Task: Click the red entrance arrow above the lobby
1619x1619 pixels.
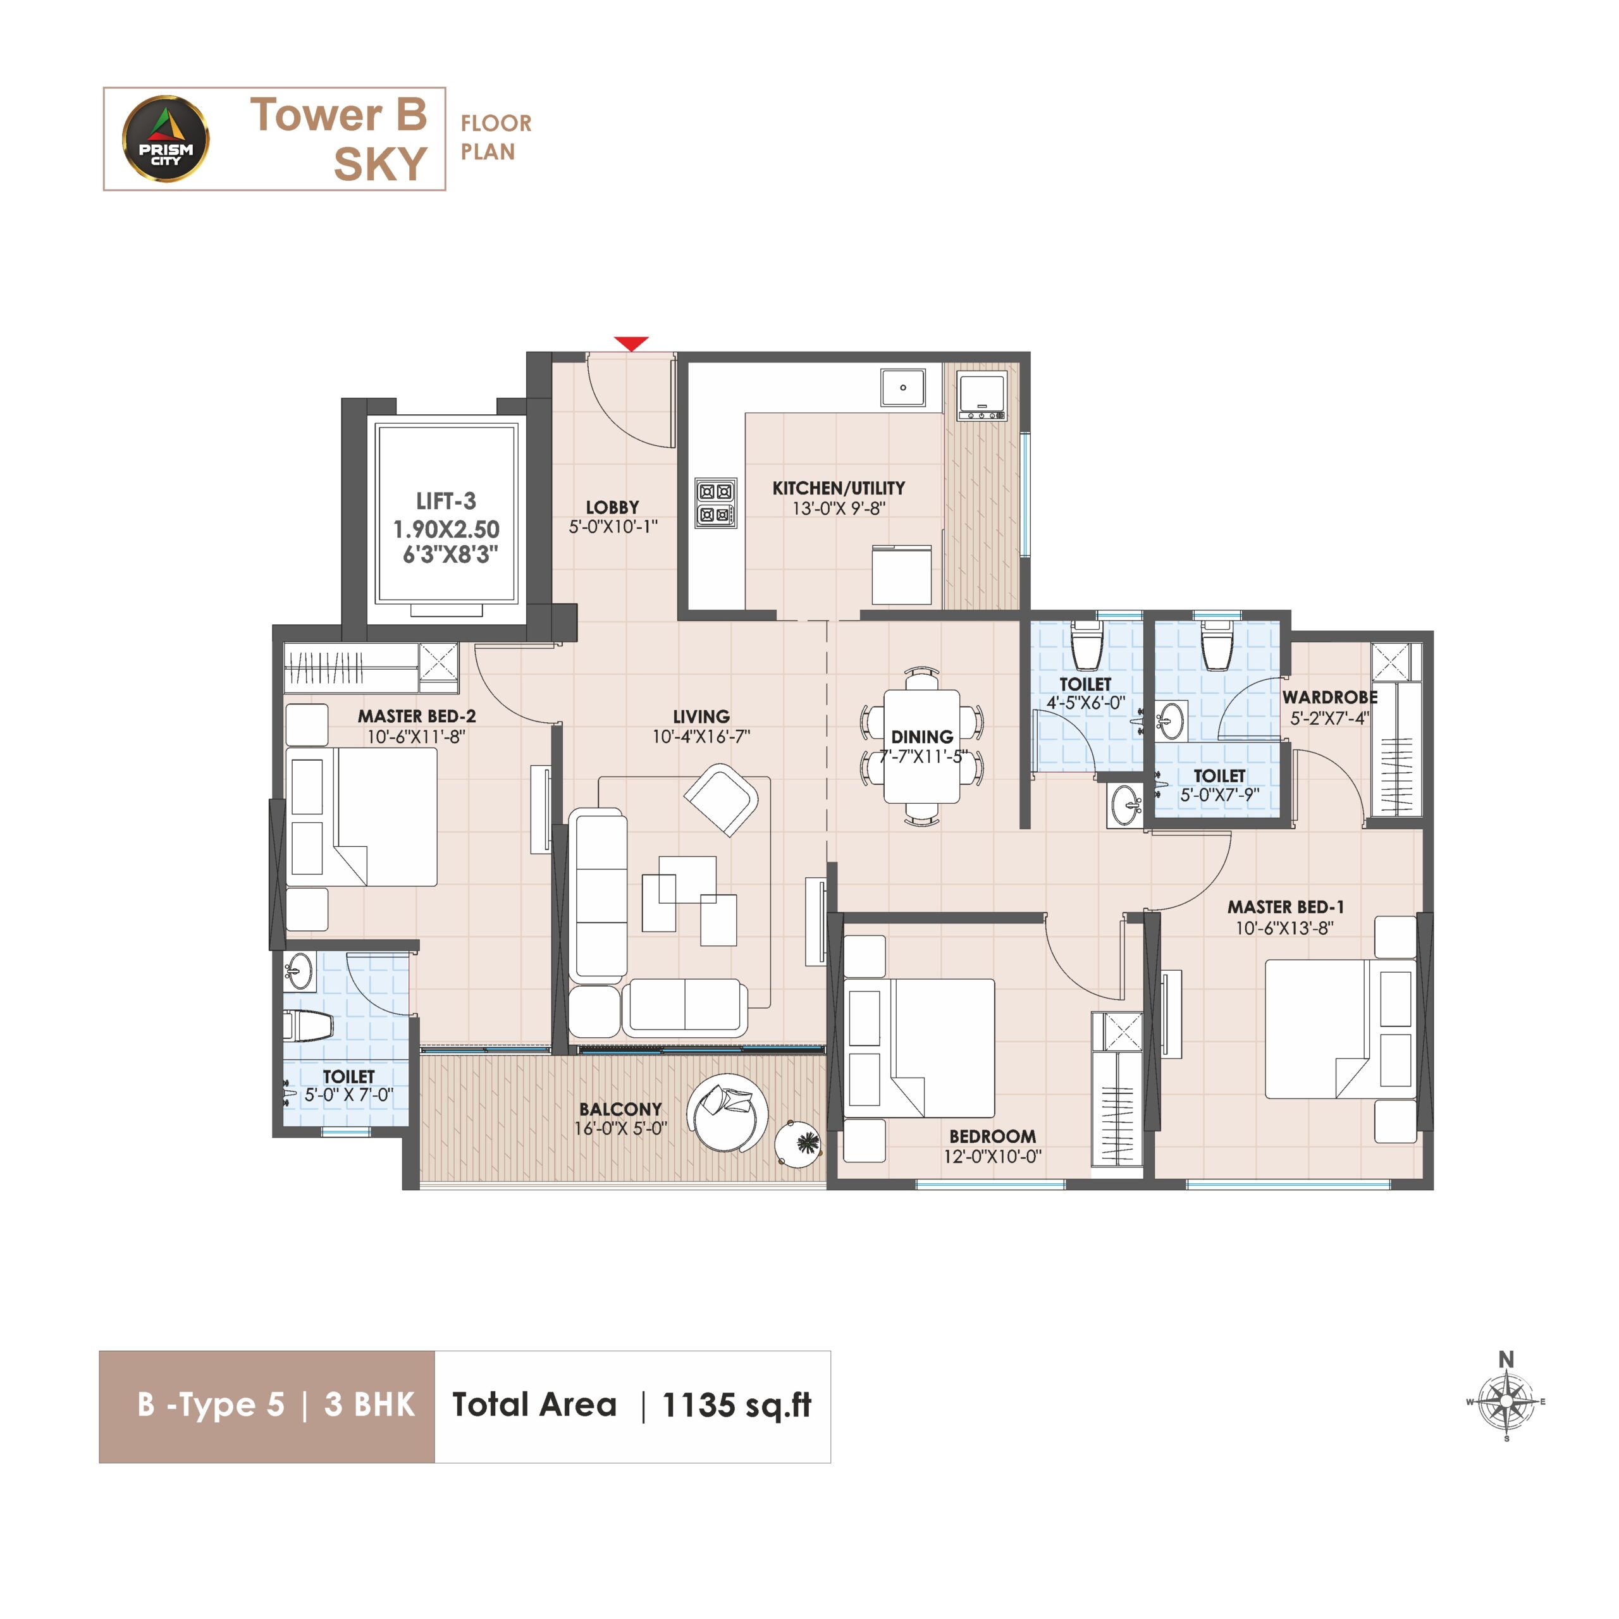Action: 631,343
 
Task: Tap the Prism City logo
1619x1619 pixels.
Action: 166,139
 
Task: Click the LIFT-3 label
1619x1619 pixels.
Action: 446,501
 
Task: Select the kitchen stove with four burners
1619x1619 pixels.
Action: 717,503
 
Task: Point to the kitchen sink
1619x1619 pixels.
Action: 903,388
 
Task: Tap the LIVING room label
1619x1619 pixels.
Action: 701,717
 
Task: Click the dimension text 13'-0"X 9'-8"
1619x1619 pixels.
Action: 839,508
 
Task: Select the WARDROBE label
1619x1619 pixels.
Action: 1330,697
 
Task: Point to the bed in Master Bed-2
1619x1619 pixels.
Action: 361,817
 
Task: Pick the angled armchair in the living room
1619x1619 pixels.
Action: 722,799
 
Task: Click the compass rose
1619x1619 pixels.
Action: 1506,1400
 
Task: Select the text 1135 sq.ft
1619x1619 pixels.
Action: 737,1405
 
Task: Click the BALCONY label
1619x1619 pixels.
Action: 620,1109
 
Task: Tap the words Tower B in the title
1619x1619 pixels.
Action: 338,115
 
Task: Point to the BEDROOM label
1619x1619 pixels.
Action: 992,1136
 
